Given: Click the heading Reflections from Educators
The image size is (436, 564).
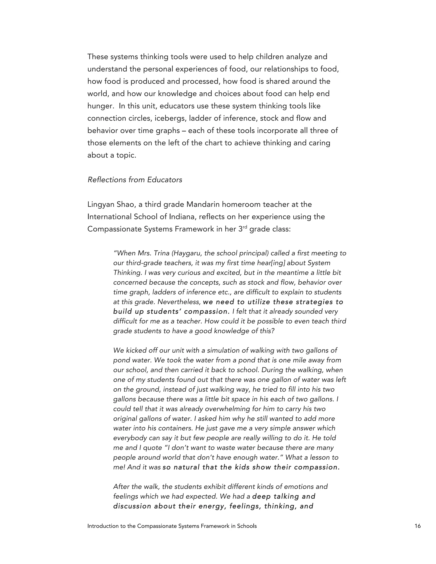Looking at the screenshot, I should pyautogui.click(x=135, y=180).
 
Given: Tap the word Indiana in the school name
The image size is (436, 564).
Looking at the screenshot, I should pyautogui.click(x=183, y=217).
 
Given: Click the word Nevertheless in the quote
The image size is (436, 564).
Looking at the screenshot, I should pyautogui.click(x=179, y=302).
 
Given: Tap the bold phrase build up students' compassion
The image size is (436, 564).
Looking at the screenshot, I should pyautogui.click(x=171, y=312).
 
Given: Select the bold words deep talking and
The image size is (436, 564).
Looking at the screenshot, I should pyautogui.click(x=284, y=496).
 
